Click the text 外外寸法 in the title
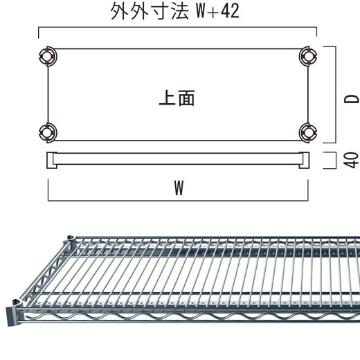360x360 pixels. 150,11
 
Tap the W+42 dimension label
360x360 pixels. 217,11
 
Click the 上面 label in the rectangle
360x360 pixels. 177,98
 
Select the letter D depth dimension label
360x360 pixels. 352,99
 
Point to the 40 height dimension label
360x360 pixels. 351,160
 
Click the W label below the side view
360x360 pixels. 179,188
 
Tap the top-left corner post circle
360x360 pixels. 48,56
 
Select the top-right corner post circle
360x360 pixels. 308,56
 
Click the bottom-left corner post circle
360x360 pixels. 48,133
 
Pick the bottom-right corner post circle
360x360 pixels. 308,133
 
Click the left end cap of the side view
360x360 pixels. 52,160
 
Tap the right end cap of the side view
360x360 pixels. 304,160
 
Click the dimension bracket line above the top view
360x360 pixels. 178,27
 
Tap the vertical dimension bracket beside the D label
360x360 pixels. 336,95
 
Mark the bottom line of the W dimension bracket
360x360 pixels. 178,201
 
